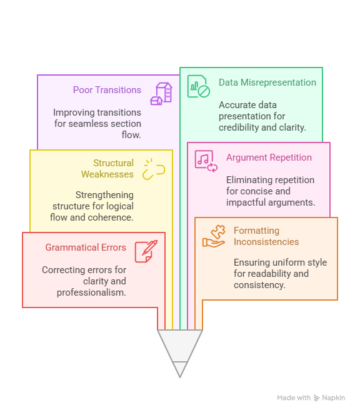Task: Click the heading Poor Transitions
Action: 107,90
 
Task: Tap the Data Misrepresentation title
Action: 267,82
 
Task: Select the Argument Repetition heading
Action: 269,157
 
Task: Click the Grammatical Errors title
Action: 86,247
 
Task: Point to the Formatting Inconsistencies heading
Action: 266,236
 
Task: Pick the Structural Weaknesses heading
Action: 107,169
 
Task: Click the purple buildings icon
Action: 161,94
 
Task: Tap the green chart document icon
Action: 199,86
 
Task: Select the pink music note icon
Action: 206,161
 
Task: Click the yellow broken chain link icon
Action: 154,169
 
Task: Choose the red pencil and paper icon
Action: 146,251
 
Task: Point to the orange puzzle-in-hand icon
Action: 214,236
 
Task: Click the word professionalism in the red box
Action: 91,292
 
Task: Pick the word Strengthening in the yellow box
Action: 104,195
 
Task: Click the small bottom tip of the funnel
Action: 180,377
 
